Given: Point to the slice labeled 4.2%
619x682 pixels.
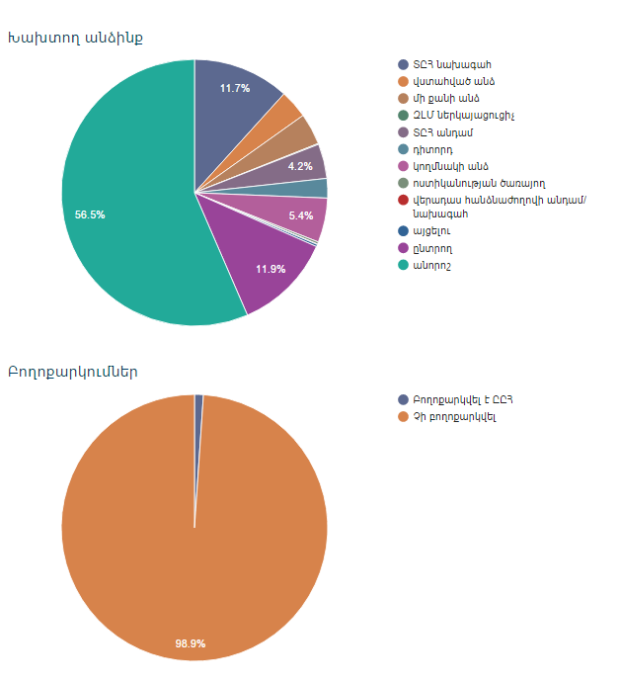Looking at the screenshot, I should (301, 166).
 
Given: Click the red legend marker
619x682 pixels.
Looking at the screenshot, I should (404, 200).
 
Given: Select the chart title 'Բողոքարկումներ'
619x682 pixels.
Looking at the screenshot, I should (72, 373).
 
